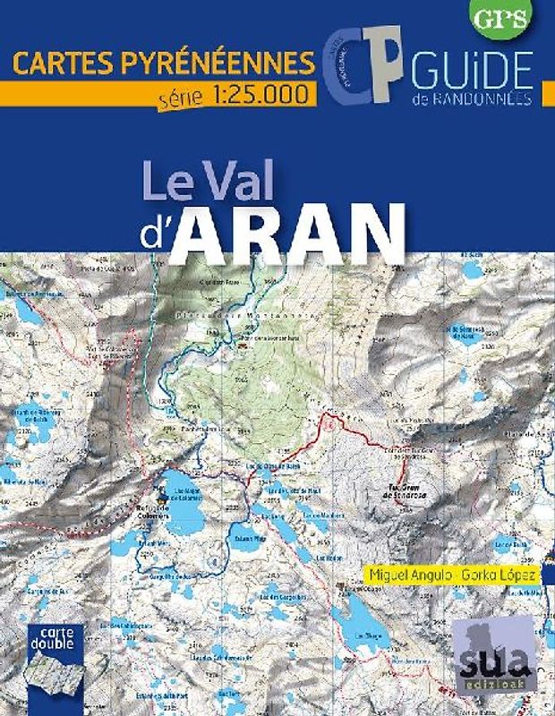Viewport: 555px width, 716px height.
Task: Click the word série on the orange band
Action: (x=181, y=94)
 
